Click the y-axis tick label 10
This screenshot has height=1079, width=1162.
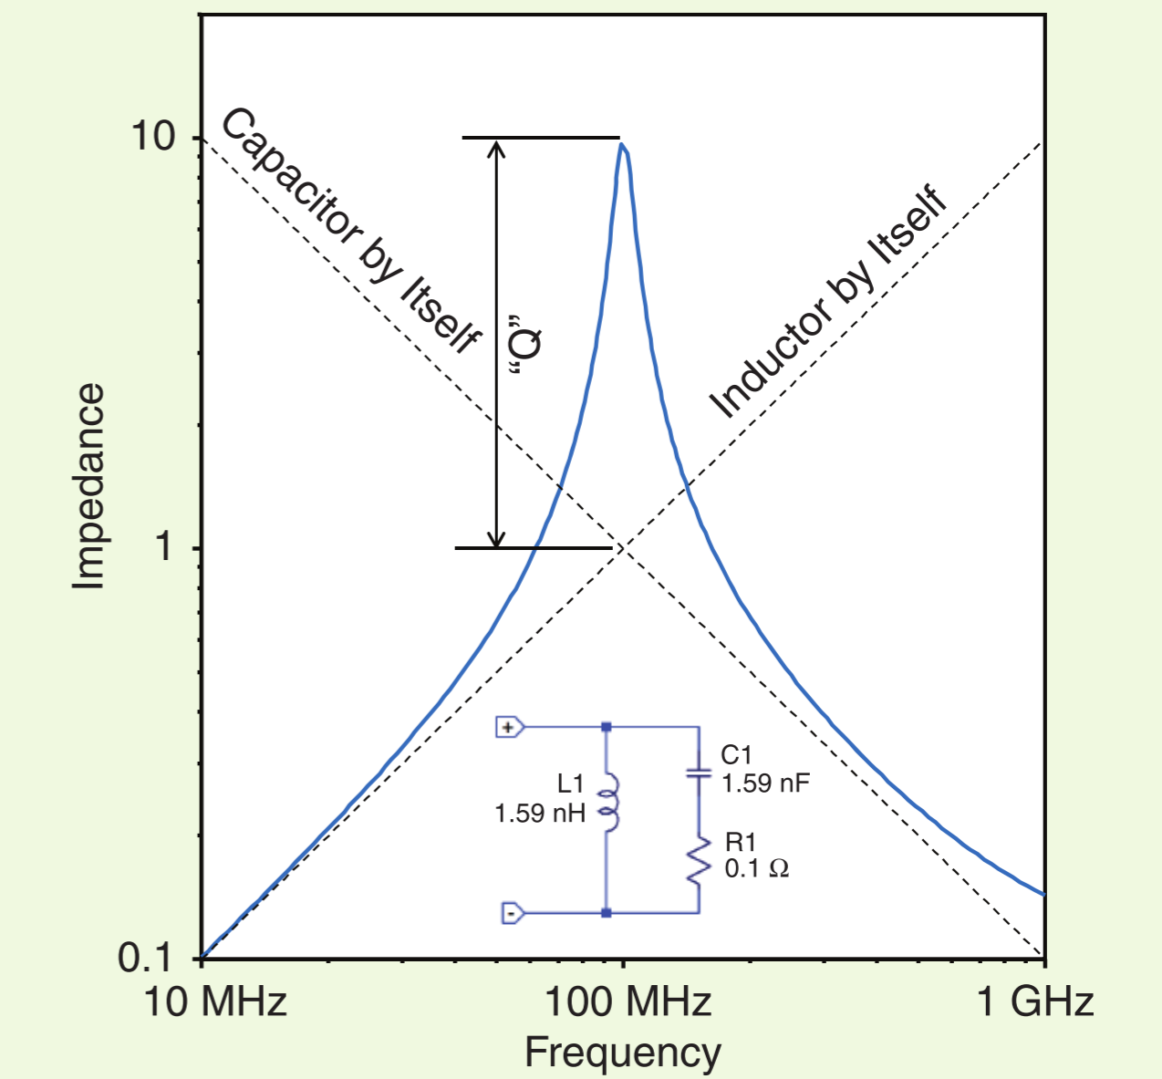point(152,137)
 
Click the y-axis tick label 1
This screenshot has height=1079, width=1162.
point(164,547)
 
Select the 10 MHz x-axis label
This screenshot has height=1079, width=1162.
point(216,1001)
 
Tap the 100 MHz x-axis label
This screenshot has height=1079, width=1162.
point(628,1001)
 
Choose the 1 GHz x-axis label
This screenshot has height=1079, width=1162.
point(1035,1001)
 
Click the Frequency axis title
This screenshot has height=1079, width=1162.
point(623,1053)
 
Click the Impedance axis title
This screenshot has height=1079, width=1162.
point(88,486)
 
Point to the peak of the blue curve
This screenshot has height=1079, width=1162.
point(622,145)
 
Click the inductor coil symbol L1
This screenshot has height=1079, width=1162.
point(608,802)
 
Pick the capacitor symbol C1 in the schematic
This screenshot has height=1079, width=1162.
point(699,773)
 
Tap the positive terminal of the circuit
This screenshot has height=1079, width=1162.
point(509,727)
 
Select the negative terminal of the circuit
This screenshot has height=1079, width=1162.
point(513,912)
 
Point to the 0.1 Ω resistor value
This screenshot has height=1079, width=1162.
point(756,868)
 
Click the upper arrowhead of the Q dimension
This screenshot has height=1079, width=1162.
point(496,149)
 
